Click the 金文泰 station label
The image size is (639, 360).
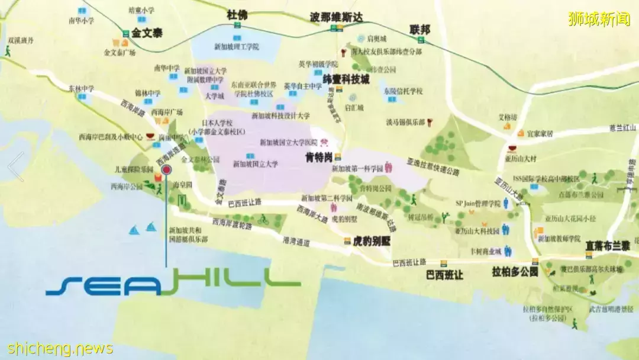click(147, 34)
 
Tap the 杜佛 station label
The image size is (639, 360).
click(237, 15)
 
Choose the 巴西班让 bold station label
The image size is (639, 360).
click(444, 275)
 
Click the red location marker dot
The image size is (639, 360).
click(166, 170)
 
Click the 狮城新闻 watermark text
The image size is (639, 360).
click(599, 19)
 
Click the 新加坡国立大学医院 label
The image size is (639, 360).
click(290, 142)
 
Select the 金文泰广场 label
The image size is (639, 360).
click(120, 52)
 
